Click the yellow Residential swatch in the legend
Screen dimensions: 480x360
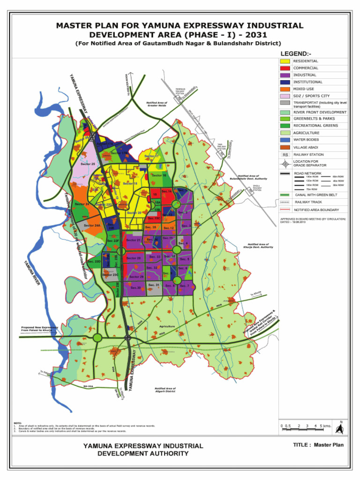click(x=285, y=61)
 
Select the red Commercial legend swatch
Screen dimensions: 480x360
click(x=285, y=68)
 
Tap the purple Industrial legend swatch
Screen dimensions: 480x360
click(x=285, y=75)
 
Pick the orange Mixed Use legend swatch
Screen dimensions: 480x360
click(x=285, y=89)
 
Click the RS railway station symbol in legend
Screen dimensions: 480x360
click(x=285, y=155)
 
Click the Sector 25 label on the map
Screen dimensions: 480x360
click(x=88, y=164)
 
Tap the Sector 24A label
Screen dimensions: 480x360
click(x=92, y=225)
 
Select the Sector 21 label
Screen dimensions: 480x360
click(x=133, y=240)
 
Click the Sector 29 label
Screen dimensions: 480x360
click(x=136, y=277)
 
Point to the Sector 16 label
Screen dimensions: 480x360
click(x=159, y=175)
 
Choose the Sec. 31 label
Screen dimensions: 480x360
click(x=154, y=285)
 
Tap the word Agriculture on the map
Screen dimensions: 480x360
click(x=167, y=326)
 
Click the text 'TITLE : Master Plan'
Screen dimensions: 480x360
click(x=318, y=445)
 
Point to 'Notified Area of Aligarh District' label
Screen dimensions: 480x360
click(x=165, y=390)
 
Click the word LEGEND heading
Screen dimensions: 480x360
click(x=296, y=53)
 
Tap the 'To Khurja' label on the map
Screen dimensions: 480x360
click(x=255, y=294)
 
